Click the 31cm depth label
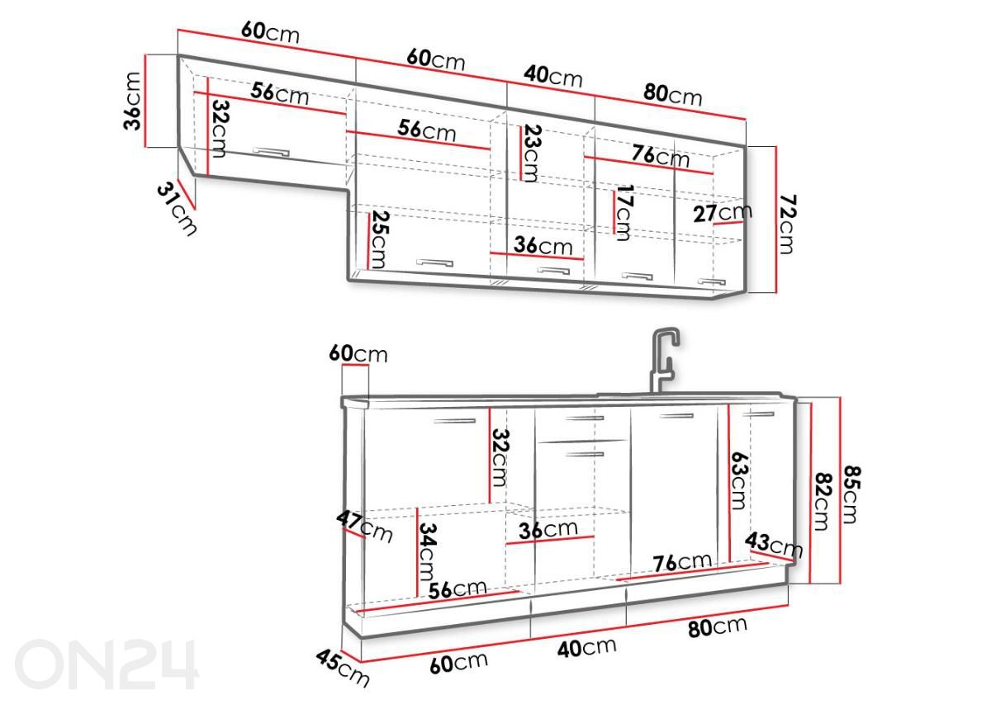click(x=177, y=209)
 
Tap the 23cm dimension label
click(x=531, y=154)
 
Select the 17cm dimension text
click(x=624, y=213)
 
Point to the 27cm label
click(x=723, y=213)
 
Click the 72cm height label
click(x=788, y=225)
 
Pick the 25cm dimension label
click(x=380, y=239)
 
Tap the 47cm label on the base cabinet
click(x=364, y=527)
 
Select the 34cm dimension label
click(x=428, y=551)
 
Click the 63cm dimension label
click(x=739, y=480)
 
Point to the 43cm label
click(x=774, y=545)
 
